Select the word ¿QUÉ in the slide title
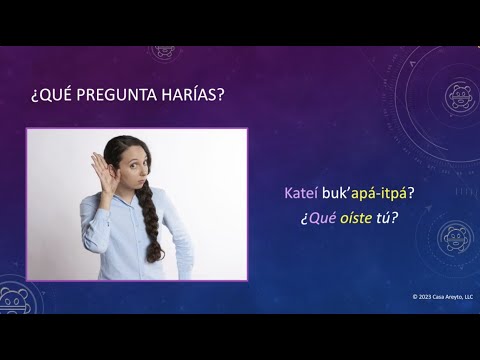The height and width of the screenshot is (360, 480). click(x=51, y=97)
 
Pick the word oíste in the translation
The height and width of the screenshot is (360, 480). click(x=351, y=214)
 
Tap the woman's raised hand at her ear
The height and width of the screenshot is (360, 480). click(x=98, y=164)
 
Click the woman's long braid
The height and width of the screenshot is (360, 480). click(x=151, y=225)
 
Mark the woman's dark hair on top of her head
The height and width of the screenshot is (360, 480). click(x=125, y=144)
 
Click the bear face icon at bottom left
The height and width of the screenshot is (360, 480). click(x=11, y=301)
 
